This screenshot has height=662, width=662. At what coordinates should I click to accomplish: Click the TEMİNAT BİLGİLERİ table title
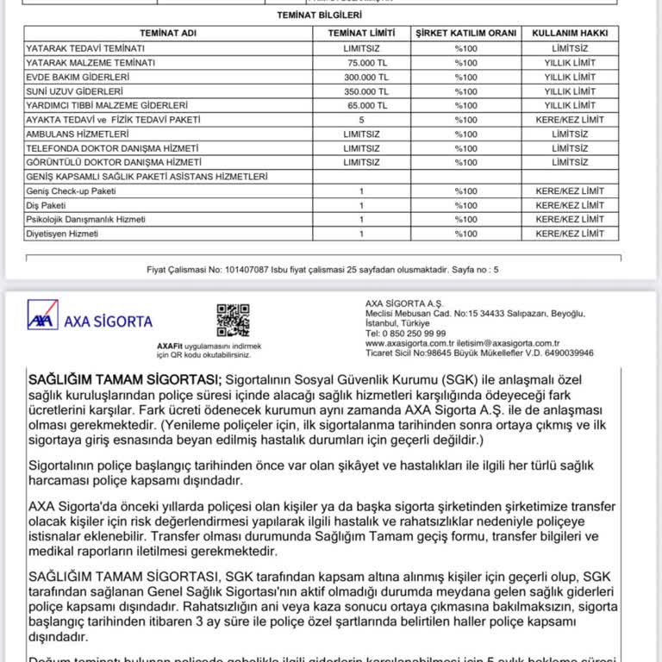point(319,16)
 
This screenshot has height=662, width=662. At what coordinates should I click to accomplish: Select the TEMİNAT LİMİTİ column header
point(361,33)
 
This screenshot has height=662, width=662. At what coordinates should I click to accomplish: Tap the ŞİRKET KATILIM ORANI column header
point(465,33)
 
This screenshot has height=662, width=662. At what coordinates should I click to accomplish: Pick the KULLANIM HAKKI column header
point(570,33)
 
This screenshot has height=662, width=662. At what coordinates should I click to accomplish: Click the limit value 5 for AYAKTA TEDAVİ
point(361,120)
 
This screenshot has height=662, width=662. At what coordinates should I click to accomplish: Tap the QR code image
point(233,320)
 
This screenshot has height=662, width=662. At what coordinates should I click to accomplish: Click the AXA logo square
point(42,315)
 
